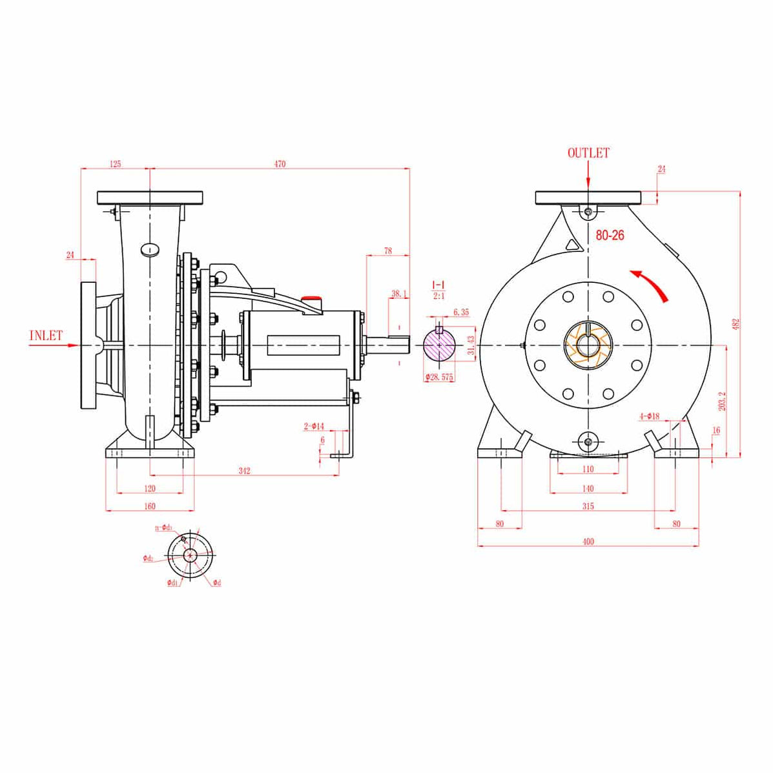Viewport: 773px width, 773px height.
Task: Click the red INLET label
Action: click(46, 335)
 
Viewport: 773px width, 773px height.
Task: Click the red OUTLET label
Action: click(588, 153)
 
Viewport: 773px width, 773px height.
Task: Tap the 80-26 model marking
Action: click(610, 236)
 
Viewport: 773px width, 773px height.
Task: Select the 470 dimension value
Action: click(279, 164)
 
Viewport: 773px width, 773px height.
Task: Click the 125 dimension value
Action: click(115, 164)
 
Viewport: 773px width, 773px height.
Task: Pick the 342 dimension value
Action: click(244, 471)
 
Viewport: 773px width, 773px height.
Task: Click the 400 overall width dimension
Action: click(588, 541)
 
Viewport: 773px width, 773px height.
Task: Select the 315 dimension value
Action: click(588, 506)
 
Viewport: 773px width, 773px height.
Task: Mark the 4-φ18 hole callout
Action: click(648, 417)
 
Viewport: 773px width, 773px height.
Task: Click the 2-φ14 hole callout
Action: click(314, 426)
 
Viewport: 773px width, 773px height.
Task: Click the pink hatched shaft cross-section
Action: click(439, 347)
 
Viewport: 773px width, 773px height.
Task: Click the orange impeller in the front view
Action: click(587, 346)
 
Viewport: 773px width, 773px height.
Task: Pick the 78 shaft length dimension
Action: click(387, 251)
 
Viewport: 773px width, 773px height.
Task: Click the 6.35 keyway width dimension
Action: click(461, 312)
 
